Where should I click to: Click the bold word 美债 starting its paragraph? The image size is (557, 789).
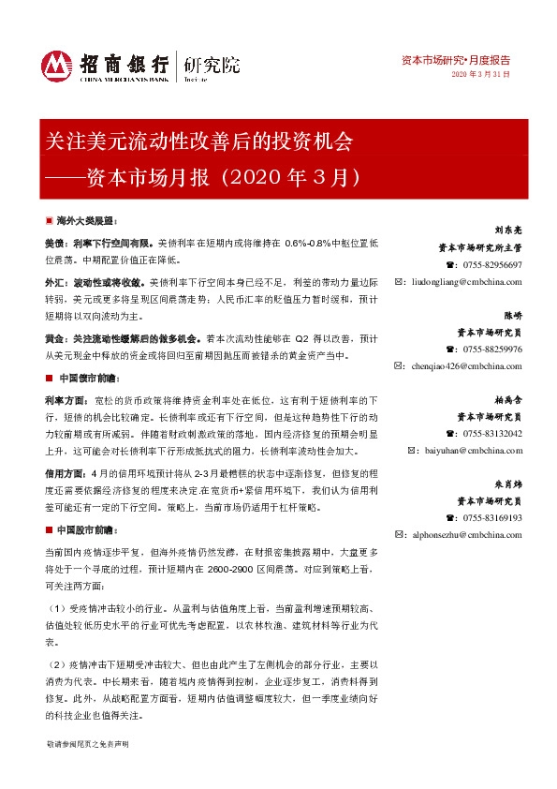tap(54, 242)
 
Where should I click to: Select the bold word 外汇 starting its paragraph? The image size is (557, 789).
tap(54, 281)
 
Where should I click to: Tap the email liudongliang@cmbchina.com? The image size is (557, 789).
tap(464, 279)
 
